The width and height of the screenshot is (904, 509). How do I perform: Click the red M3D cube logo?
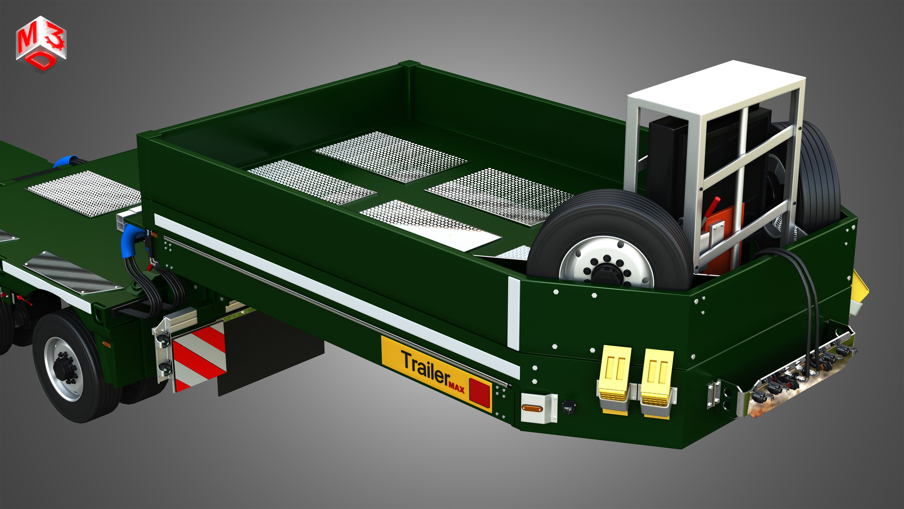(x=41, y=44)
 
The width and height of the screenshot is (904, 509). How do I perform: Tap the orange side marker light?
(x=532, y=408)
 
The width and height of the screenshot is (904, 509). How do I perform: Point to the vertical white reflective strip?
(x=513, y=313)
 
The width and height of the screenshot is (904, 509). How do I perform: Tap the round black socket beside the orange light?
(x=569, y=406)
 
